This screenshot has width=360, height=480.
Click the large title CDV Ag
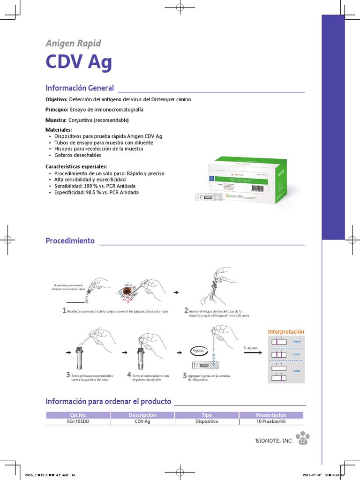(x=79, y=62)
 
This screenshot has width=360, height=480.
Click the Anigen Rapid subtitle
(x=73, y=44)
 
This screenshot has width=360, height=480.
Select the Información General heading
(x=80, y=88)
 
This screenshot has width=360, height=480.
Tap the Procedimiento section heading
(x=70, y=241)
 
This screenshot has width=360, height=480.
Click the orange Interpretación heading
(x=286, y=331)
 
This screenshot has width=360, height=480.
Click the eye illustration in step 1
(x=127, y=291)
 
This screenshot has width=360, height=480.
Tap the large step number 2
(x=186, y=311)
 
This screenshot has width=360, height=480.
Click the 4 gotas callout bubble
(x=198, y=351)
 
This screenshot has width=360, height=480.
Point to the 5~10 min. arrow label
(x=252, y=348)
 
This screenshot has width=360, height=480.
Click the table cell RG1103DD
(x=78, y=421)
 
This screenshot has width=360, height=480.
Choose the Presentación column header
(x=271, y=415)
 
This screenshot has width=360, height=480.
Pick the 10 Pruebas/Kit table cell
(x=271, y=421)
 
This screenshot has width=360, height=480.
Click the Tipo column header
(x=206, y=415)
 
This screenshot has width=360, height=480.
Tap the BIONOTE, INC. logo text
(x=274, y=441)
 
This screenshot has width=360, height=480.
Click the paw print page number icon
(x=303, y=439)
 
